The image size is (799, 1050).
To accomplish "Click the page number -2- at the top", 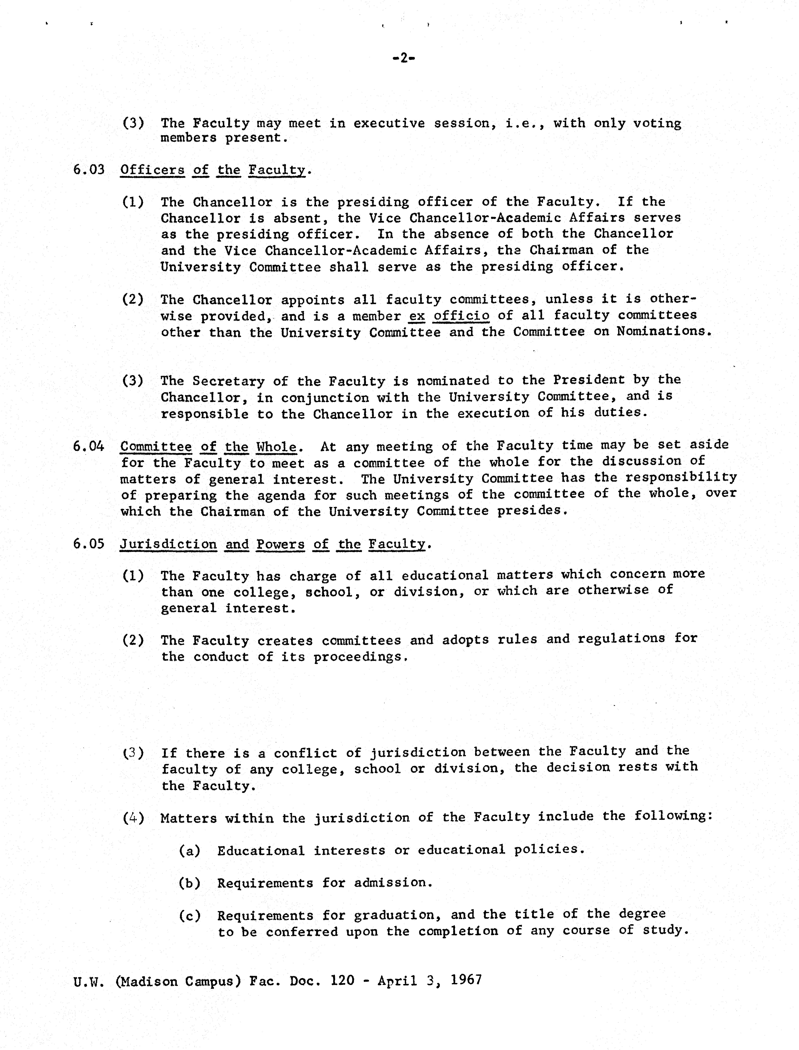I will pos(403,58).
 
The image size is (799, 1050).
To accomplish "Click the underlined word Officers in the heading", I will pos(152,170).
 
